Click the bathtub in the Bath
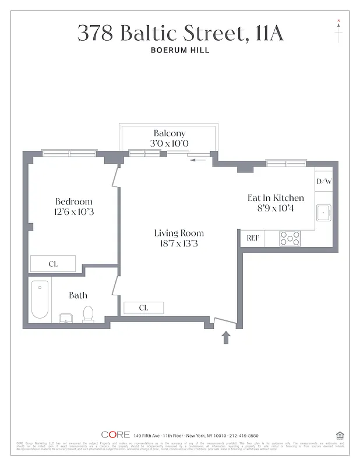(40, 299)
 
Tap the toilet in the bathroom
(89, 314)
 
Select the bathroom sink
(65, 318)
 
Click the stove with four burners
(290, 238)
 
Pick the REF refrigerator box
(252, 238)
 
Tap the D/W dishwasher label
(324, 181)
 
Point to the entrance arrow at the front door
(226, 337)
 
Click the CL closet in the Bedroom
(53, 264)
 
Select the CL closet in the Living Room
(143, 308)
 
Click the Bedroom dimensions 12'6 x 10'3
(74, 212)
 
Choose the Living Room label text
(179, 233)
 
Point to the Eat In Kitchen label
(276, 198)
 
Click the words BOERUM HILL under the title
(179, 51)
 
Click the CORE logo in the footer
(115, 435)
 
